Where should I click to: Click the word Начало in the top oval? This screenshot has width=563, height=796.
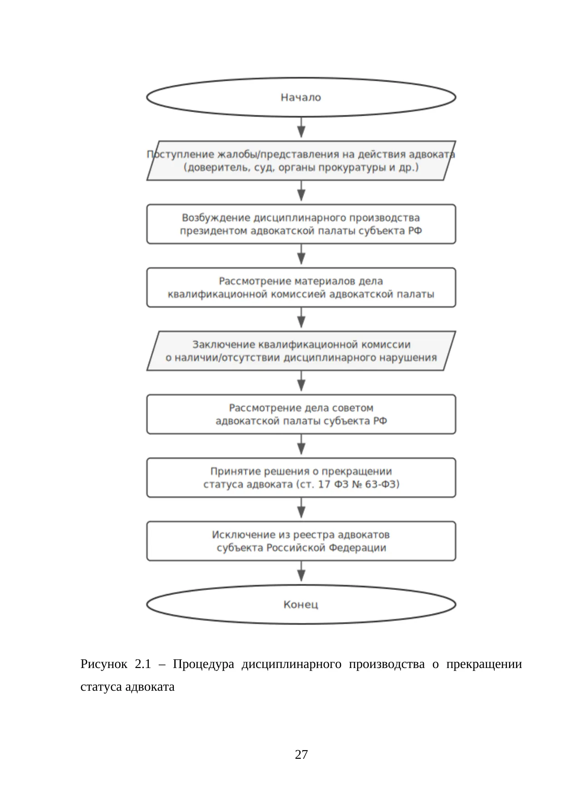[301, 98]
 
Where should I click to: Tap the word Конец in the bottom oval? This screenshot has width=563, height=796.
[301, 604]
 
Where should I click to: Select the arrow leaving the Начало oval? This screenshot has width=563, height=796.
[301, 127]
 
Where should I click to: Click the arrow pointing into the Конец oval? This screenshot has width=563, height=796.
[301, 571]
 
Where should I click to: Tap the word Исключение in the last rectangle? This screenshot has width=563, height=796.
[244, 535]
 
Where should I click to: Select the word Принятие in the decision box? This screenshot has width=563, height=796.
[231, 472]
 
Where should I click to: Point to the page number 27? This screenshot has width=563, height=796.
[301, 755]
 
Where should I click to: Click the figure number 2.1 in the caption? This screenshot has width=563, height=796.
[143, 664]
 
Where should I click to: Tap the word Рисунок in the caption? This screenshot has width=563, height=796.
[104, 665]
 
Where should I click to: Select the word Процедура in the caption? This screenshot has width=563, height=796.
[203, 665]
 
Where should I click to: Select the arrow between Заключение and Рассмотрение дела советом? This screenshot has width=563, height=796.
[301, 381]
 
